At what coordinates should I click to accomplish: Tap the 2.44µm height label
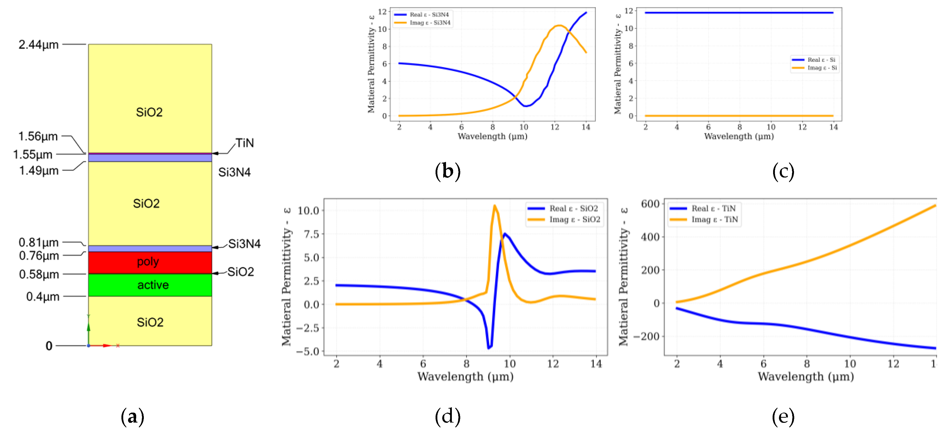pos(39,45)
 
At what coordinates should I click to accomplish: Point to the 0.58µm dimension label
pos(39,275)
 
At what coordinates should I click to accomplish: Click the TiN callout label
pos(245,143)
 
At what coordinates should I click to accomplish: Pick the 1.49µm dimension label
pos(39,171)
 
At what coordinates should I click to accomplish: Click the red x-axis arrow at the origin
pos(107,346)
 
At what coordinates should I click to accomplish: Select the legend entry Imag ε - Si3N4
pos(430,23)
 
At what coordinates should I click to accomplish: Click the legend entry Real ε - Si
pos(821,60)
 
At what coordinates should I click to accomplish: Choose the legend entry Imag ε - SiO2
pos(575,220)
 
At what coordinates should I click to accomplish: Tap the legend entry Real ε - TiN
pos(713,209)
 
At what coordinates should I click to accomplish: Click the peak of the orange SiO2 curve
pos(494,206)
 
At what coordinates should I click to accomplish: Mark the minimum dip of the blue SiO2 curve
pos(489,347)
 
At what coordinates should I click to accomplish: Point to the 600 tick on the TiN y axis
pos(650,204)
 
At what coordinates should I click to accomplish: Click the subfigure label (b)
pos(448,172)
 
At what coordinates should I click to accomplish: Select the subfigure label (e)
pos(783,416)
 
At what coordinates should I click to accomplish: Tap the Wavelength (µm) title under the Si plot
pos(739,137)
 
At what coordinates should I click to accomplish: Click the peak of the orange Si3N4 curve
pos(559,25)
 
